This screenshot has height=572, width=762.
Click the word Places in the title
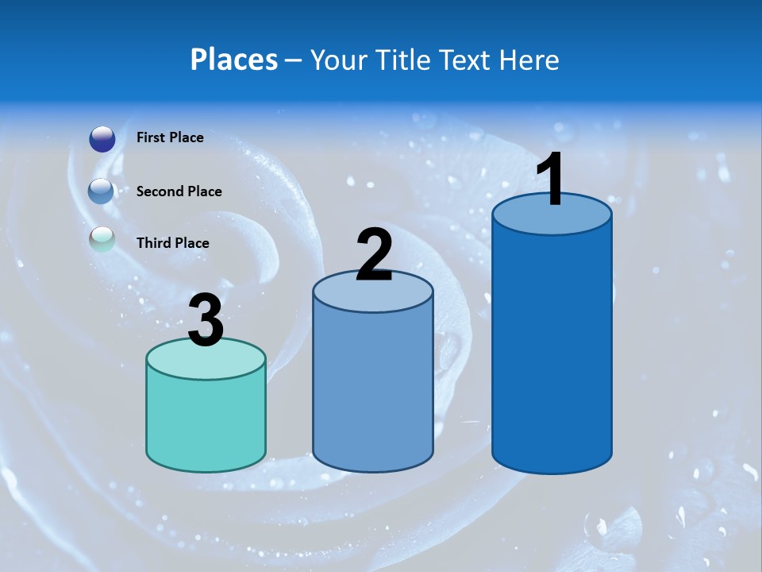point(233,60)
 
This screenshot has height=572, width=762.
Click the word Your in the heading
point(339,60)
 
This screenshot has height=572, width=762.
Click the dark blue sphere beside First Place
point(102,139)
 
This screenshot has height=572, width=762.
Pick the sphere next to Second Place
point(102,191)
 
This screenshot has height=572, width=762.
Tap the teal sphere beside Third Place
point(102,239)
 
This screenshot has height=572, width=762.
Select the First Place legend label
point(170,137)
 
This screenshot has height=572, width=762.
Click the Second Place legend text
point(179,191)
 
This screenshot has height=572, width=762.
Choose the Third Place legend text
point(172,243)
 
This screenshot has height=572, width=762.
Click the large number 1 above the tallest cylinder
point(551,180)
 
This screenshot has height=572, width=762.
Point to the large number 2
point(374,254)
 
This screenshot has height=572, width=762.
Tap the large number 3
point(206,320)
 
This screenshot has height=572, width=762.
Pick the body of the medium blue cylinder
point(372,389)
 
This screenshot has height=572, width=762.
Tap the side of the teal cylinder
point(206,421)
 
